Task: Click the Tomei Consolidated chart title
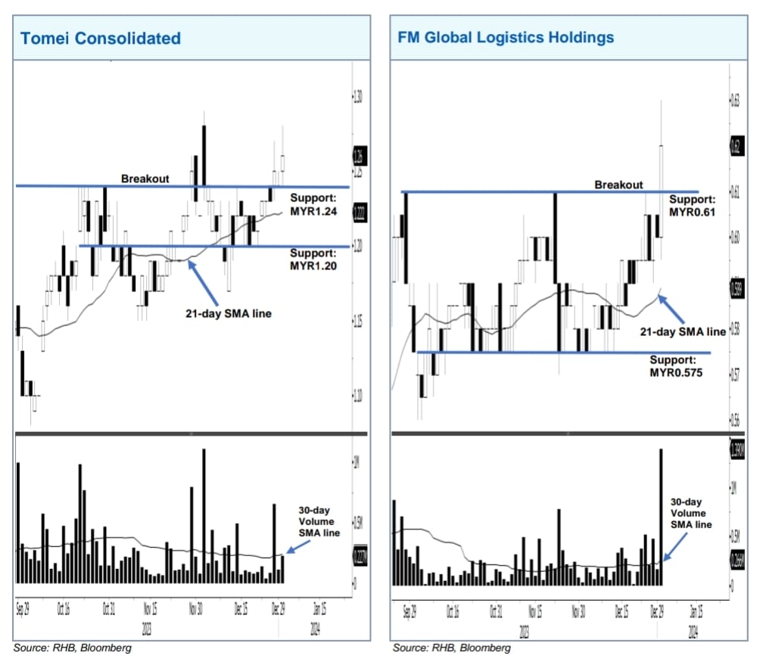click(101, 38)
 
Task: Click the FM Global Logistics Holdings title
click(506, 37)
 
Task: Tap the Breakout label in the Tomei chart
click(145, 179)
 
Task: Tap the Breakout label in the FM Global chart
click(618, 185)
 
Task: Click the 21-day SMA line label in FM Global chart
click(682, 331)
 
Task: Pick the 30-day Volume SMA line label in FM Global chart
click(692, 513)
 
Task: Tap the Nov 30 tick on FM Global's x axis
click(578, 612)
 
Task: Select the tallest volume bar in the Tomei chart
click(204, 515)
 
